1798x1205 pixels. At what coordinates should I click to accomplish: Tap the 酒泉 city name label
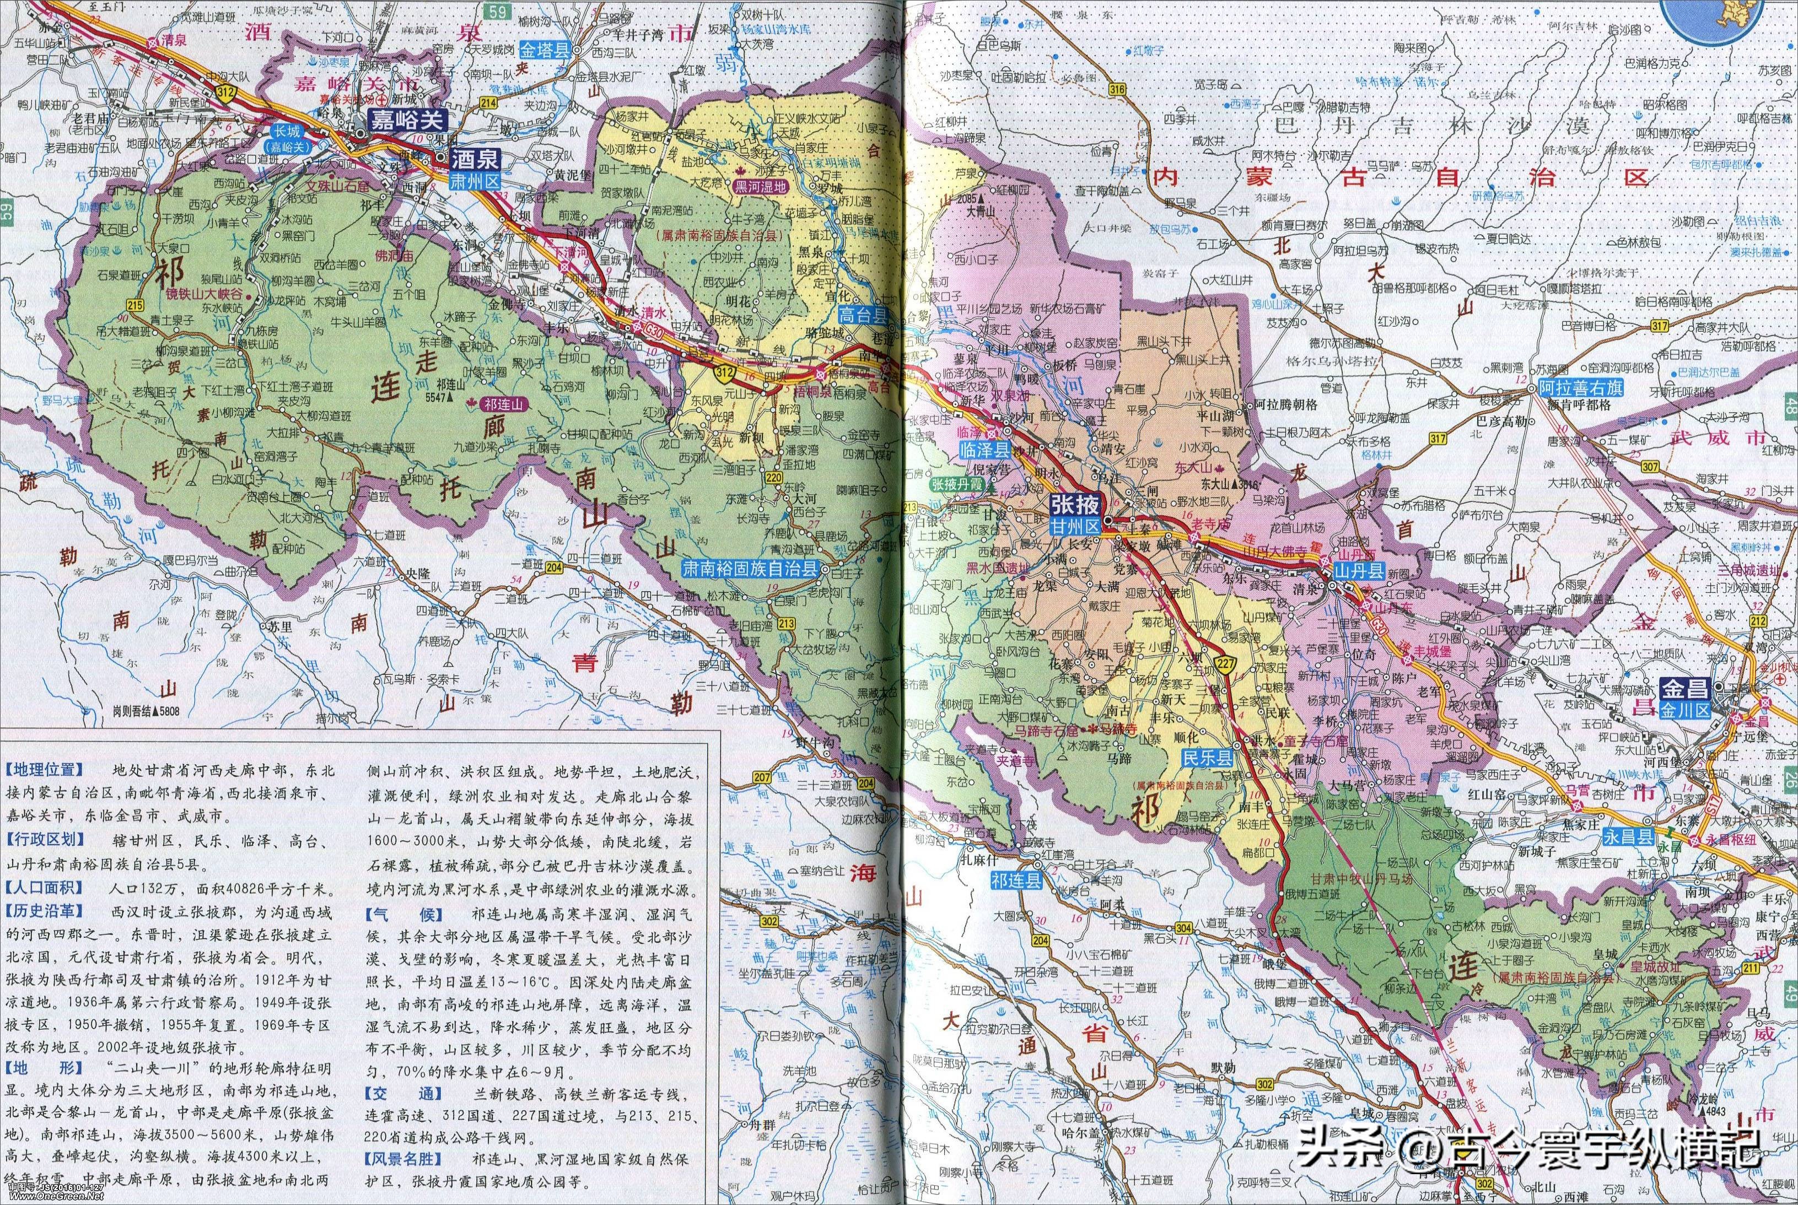(474, 159)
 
